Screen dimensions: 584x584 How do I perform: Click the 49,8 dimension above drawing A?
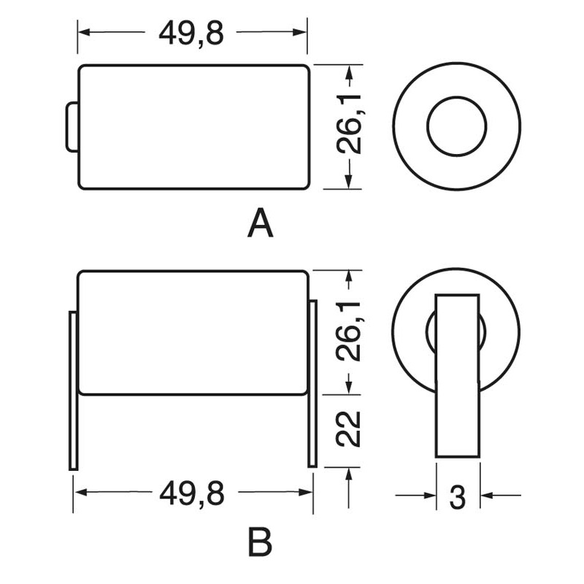[191, 33]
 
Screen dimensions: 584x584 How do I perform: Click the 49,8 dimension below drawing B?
[192, 493]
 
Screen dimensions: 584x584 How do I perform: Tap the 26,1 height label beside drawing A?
[349, 124]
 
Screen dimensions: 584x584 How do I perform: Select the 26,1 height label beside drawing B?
[349, 331]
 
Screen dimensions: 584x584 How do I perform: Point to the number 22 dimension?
[349, 429]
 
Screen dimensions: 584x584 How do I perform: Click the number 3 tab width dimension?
[458, 497]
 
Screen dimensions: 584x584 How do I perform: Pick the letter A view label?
[261, 223]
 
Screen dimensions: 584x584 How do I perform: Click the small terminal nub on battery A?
[72, 126]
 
